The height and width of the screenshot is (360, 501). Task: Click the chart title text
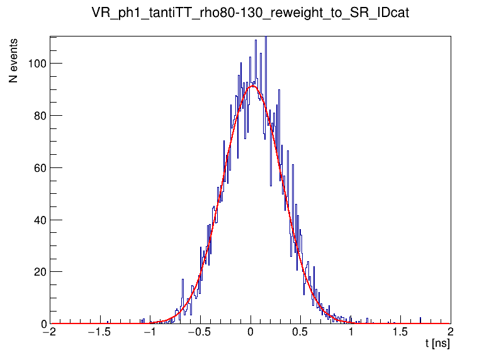[x=250, y=13]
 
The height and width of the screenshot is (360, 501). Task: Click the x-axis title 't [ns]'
[x=437, y=345]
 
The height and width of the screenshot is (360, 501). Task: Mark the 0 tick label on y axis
[x=42, y=324]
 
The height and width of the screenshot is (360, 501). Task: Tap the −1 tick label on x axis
[x=150, y=334]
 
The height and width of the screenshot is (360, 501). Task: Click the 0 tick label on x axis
[x=250, y=334]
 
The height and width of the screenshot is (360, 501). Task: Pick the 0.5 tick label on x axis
[x=301, y=334]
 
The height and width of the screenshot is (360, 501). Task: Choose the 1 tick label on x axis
[x=351, y=334]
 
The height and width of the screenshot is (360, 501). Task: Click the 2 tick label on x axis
[x=451, y=334]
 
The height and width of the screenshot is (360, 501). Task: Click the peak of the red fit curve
[x=252, y=86]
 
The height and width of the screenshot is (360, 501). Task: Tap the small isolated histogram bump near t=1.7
[x=420, y=320]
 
